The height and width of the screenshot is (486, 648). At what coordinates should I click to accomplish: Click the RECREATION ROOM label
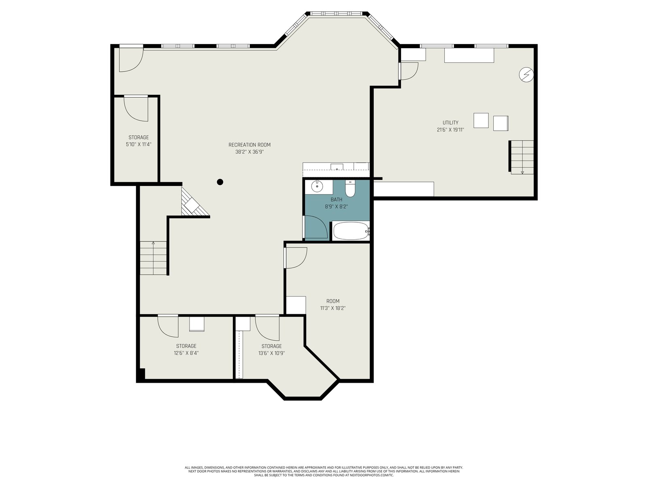coord(249,145)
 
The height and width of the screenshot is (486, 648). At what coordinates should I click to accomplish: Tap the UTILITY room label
coord(450,122)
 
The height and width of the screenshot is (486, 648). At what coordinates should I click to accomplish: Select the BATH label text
coord(336,200)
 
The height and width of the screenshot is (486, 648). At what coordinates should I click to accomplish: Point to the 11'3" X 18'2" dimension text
coord(333,308)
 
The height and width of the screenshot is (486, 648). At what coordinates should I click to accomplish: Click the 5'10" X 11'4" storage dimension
coord(139,144)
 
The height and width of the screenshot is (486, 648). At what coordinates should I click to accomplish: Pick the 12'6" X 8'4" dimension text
coord(186,353)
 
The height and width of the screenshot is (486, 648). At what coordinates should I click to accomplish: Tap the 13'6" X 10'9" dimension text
coord(271,353)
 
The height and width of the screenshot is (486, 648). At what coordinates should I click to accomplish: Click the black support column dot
coord(220,182)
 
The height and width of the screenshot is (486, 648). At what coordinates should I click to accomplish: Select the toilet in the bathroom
coord(350,189)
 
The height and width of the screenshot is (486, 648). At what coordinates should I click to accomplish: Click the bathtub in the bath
coord(351,231)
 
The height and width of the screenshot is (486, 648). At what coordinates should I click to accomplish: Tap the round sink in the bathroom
coord(317,186)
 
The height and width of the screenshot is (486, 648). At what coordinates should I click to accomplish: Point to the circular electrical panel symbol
coord(526,75)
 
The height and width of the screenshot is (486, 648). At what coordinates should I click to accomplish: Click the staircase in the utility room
coord(522,157)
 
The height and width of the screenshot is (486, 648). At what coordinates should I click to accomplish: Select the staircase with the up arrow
coord(153,258)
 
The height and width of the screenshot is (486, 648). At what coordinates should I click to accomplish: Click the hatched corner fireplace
coord(193,203)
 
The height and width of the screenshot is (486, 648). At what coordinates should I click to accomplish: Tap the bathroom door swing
coord(316,227)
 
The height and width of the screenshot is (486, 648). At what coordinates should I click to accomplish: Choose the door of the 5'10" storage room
coord(136,108)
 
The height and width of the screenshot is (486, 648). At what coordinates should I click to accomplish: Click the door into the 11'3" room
coord(296,258)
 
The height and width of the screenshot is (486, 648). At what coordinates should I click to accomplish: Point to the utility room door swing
coord(408,71)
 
